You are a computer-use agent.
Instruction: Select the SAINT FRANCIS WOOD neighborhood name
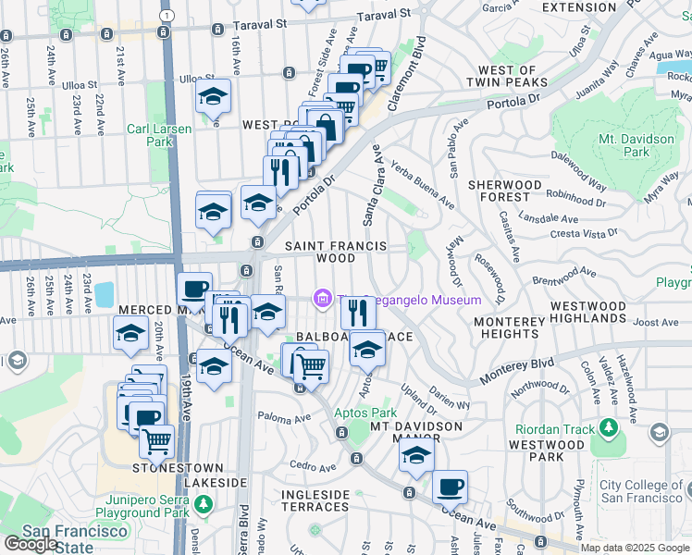[320, 252]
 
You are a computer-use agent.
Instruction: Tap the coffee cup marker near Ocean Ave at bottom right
[450, 487]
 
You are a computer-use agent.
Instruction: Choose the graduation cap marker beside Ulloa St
[214, 98]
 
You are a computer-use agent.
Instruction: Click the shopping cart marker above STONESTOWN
[157, 441]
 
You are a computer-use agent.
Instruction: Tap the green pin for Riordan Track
[609, 427]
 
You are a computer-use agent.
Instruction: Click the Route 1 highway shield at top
[165, 16]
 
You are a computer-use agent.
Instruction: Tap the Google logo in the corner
[31, 544]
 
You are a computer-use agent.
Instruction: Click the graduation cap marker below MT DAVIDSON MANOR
[415, 458]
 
